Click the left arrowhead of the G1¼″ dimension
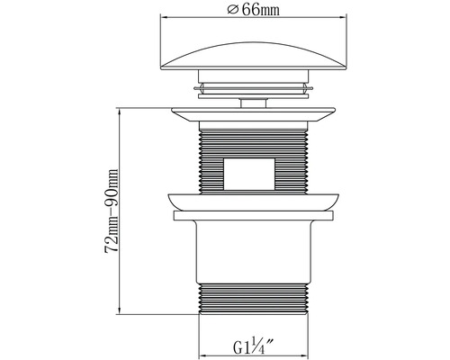201,354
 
